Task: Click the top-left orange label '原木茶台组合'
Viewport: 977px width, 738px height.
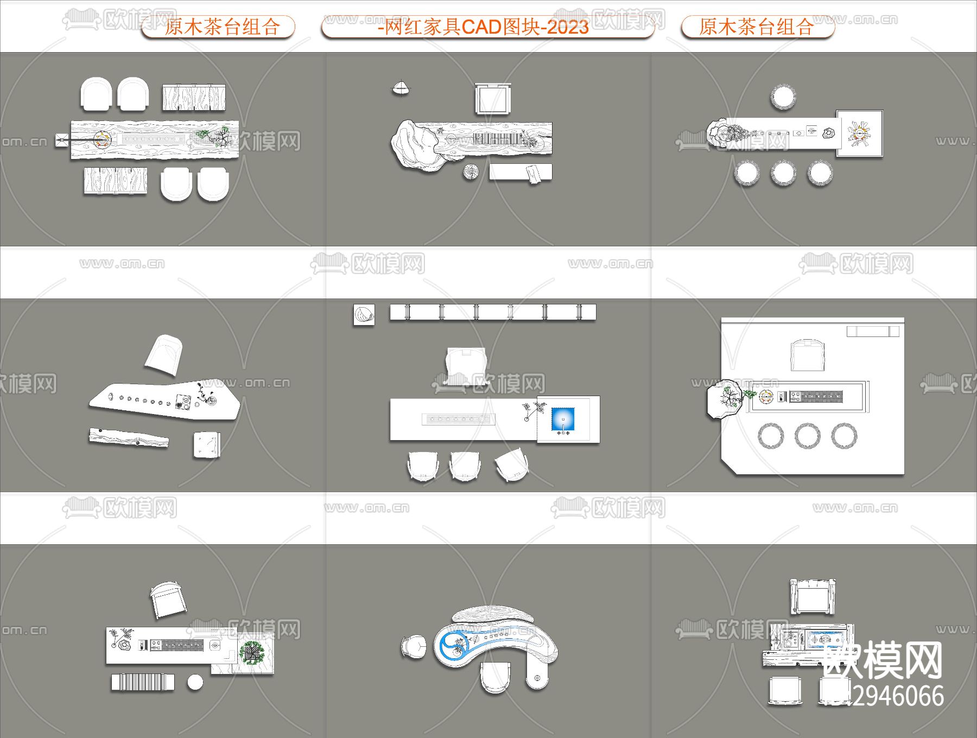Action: [x=222, y=27]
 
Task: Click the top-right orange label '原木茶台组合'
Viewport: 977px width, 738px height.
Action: [x=756, y=27]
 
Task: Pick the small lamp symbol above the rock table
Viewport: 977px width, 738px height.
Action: [x=401, y=88]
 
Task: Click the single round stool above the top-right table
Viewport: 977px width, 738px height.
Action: [x=783, y=98]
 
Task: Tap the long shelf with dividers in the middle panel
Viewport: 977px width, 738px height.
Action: [x=492, y=312]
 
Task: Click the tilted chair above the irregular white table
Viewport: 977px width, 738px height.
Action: [x=163, y=354]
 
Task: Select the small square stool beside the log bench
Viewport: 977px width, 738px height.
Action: [x=206, y=446]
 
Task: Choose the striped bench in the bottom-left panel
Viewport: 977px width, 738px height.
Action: [x=143, y=682]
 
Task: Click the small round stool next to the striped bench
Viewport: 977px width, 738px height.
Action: [x=195, y=682]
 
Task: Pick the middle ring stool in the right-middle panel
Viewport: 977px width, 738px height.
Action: [x=807, y=435]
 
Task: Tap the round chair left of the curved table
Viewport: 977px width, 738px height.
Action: [x=414, y=647]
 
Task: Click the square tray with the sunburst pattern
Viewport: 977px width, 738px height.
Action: [x=859, y=133]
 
